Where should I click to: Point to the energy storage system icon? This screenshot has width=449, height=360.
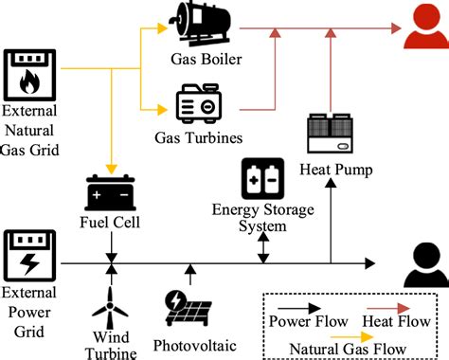pos(262,178)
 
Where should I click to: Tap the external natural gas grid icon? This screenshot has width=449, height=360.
pos(30,75)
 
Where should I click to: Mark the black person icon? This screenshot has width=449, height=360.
pos(423,266)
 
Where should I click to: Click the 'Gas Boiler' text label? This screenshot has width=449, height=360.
pos(207,62)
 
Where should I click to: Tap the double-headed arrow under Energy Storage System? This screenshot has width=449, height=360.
pos(262,248)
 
